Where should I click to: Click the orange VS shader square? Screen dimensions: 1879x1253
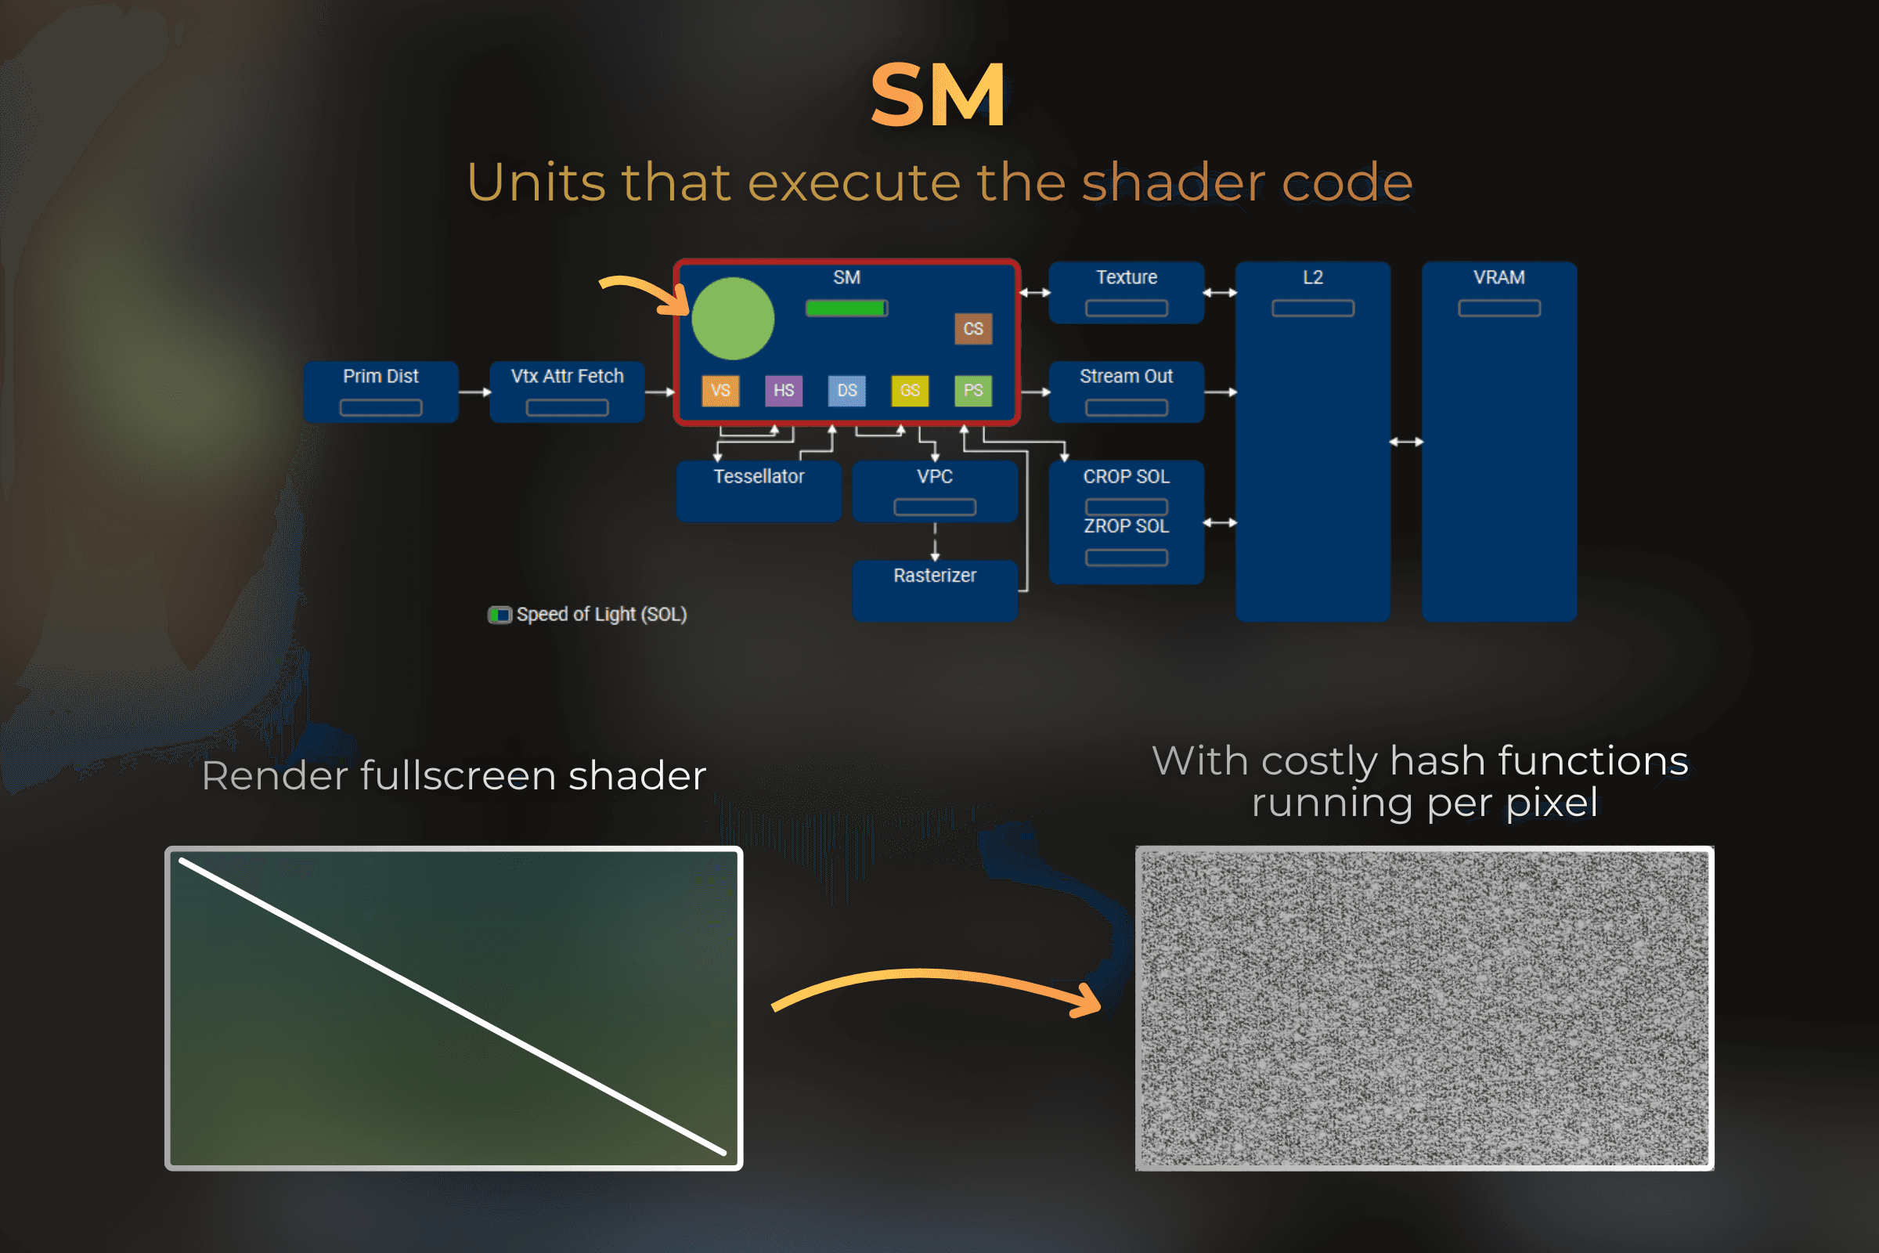click(720, 391)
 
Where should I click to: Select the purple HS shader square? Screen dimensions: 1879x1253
click(783, 391)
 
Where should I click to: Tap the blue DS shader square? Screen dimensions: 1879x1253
click(846, 391)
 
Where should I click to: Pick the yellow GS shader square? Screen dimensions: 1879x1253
click(909, 391)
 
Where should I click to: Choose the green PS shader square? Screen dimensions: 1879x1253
click(972, 391)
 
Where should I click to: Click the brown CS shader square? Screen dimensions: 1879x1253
click(972, 328)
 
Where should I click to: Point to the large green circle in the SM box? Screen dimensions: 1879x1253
click(733, 318)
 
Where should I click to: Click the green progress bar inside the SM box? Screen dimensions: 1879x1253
click(846, 309)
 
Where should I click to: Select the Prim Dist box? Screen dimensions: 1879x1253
click(380, 392)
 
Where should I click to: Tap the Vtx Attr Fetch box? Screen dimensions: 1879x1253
click(566, 392)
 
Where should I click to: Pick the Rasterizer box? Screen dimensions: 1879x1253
click(934, 590)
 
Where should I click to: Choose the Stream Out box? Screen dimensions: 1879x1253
click(1126, 392)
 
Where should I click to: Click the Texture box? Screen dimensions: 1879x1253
click(1126, 291)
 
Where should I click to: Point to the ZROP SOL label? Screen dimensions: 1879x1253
click(1126, 525)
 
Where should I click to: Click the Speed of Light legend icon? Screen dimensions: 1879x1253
click(500, 615)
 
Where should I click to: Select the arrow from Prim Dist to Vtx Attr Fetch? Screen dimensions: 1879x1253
click(474, 392)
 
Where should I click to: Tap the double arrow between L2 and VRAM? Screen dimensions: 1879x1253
click(1405, 442)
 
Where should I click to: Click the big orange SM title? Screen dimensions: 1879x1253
click(938, 96)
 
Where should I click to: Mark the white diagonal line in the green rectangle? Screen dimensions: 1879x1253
click(453, 1007)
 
